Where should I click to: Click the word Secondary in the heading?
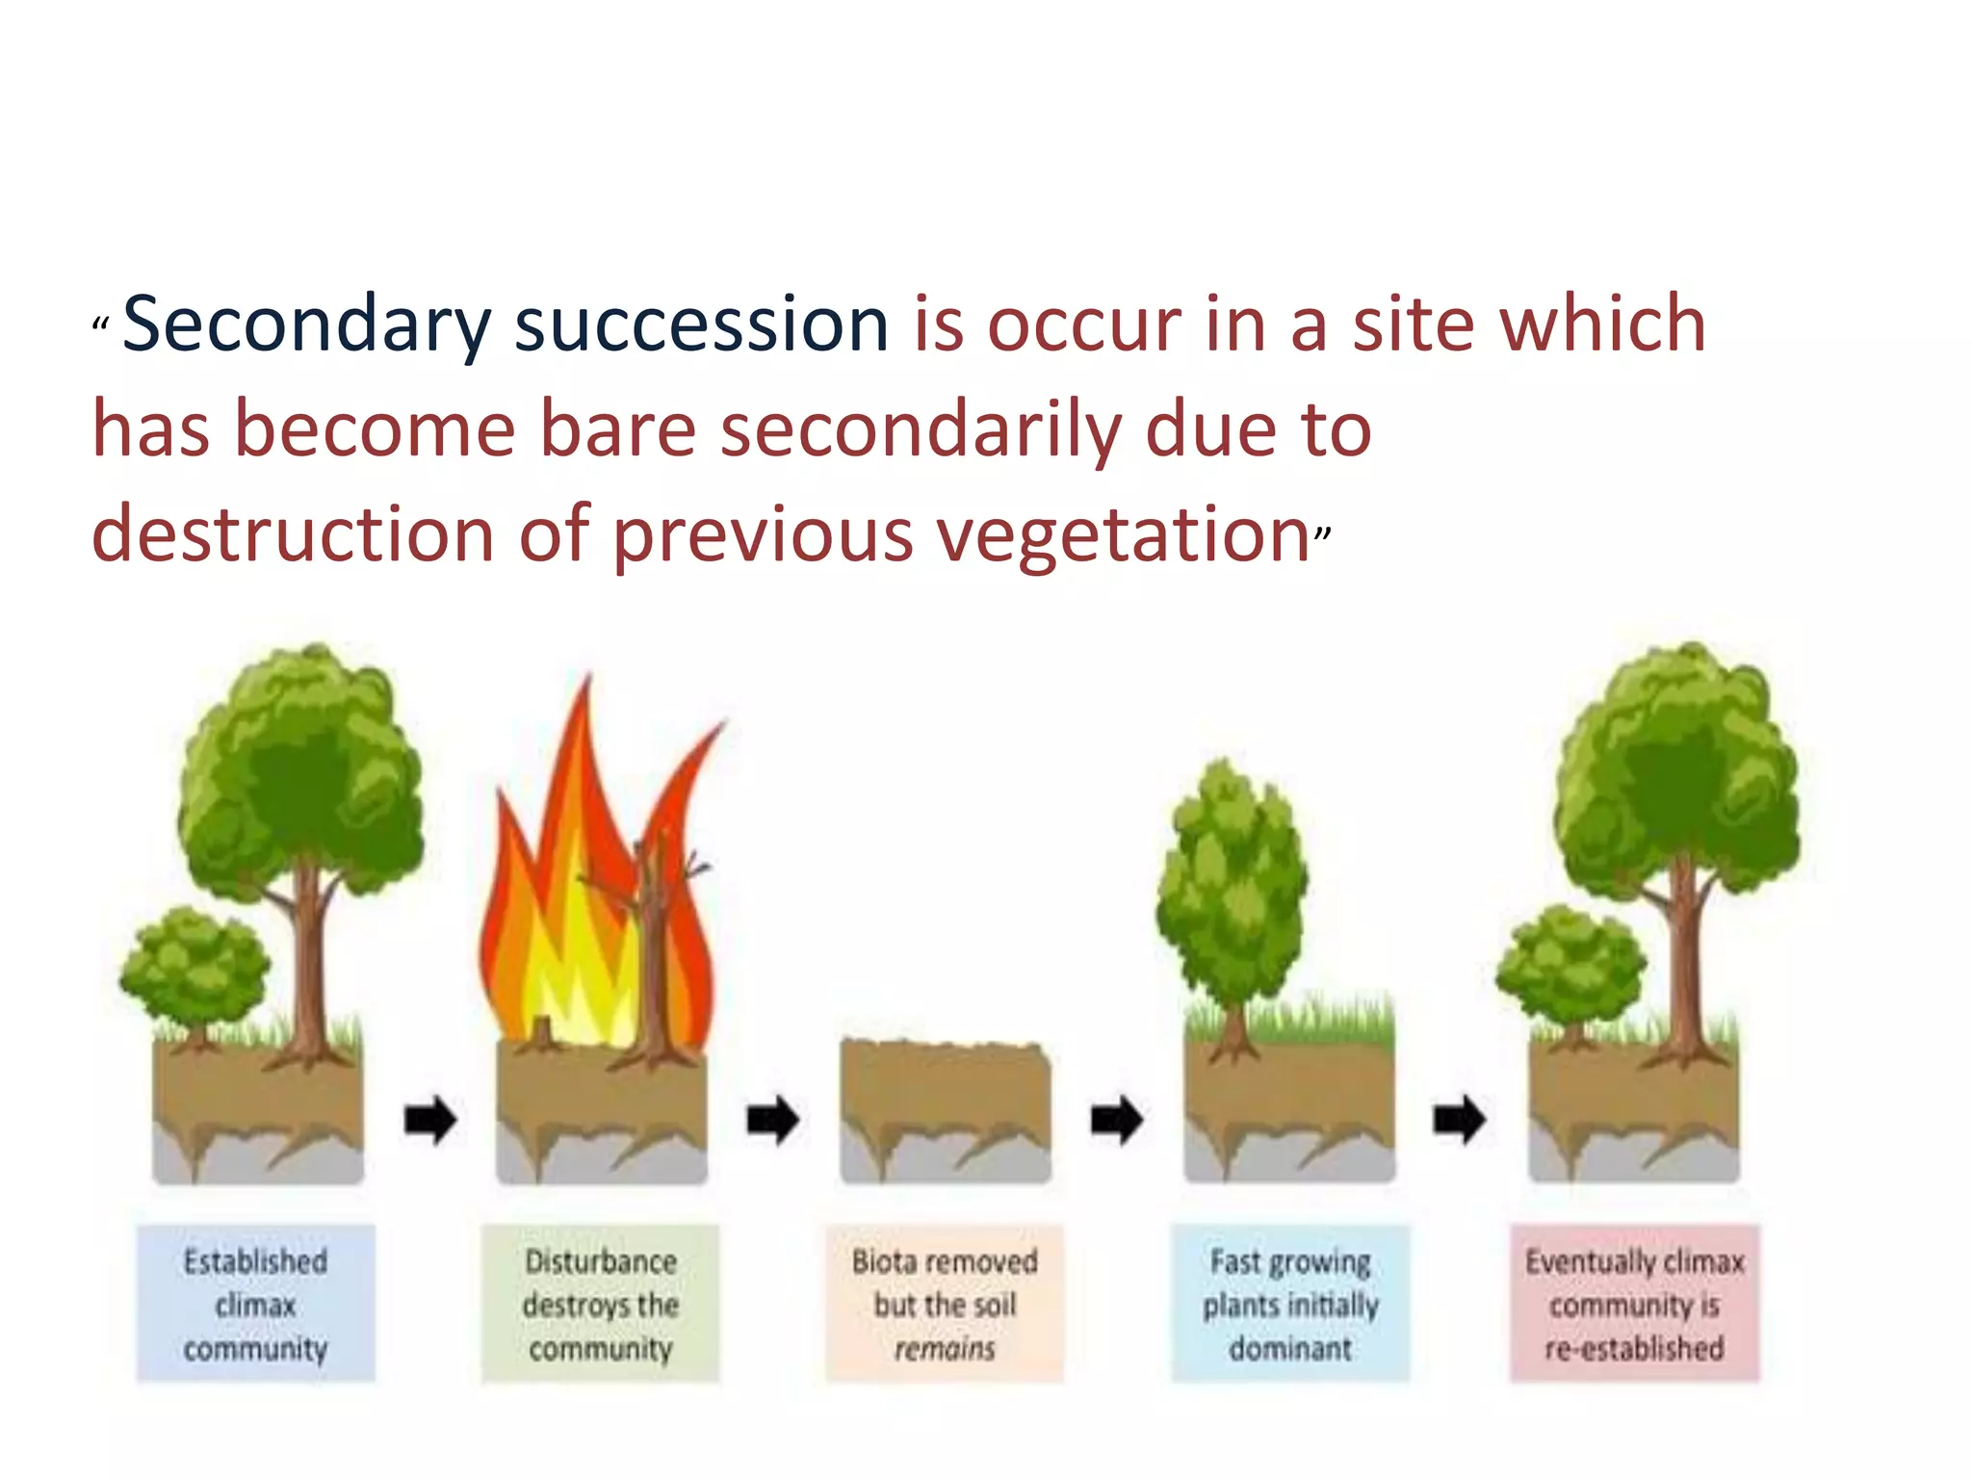(306, 325)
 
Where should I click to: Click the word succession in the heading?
(701, 325)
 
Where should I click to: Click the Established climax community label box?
(255, 1304)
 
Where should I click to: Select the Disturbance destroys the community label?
(600, 1304)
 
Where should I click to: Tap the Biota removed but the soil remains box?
(945, 1304)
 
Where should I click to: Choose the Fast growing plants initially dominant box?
(1290, 1304)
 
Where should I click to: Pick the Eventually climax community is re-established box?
(1634, 1304)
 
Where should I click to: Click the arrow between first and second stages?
(429, 1120)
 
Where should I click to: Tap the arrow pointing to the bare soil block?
(773, 1120)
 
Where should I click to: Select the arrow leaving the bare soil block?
(1117, 1120)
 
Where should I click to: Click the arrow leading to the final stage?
(1460, 1120)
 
